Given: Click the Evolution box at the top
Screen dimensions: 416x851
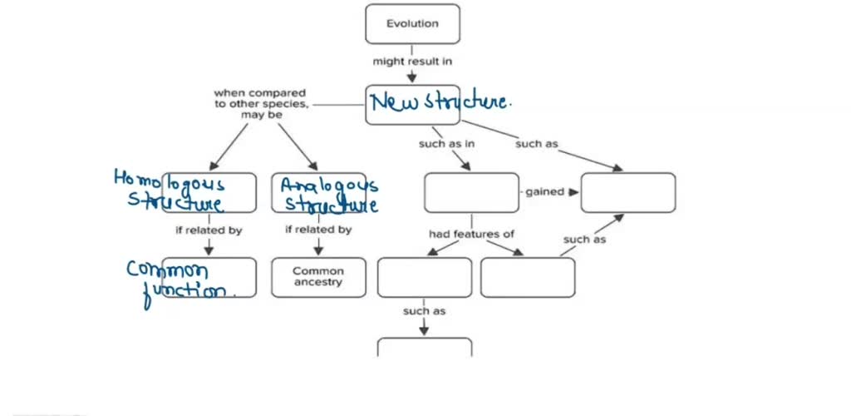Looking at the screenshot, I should pos(412,24).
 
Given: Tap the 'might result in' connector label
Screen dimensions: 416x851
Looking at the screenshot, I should pos(412,61).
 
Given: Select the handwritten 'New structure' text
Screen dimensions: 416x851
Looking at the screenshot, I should pos(440,102).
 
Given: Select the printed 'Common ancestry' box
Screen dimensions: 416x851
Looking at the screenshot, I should pos(318,277).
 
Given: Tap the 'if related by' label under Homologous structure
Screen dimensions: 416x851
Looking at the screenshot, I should pos(209,230).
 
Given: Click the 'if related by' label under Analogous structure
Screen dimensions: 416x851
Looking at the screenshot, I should pos(318,230).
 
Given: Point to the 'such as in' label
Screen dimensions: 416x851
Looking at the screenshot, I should pos(446,144).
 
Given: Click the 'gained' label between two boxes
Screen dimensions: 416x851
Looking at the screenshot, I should pos(544,192).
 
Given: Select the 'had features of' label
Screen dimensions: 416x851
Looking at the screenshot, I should pos(471,234).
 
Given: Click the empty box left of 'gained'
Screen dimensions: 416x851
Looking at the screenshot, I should pos(471,192).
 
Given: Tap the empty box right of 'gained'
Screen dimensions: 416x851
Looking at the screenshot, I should pos(628,192).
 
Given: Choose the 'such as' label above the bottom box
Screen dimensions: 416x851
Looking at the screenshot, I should pos(424,311).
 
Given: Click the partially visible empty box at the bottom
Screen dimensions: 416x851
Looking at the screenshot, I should pos(425,347).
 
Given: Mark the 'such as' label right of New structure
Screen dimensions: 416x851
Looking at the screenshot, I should pos(536,144).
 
